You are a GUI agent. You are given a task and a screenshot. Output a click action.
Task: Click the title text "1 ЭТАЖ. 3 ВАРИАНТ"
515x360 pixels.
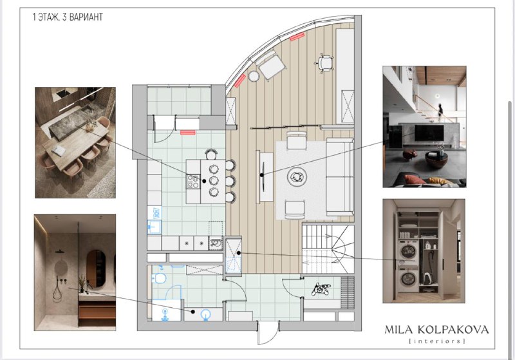point(68,17)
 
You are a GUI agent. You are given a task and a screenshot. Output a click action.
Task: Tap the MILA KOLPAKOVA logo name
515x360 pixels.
point(436,330)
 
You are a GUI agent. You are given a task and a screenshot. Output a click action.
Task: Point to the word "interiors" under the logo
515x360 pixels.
point(437,341)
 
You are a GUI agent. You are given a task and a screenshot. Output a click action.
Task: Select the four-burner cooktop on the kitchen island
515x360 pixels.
point(193,182)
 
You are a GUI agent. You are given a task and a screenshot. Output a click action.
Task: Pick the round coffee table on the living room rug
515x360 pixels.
point(297,177)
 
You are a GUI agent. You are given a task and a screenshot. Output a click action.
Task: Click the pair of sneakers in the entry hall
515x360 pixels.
point(320,289)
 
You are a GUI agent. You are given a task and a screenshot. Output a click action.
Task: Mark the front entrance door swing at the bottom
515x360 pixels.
point(268,333)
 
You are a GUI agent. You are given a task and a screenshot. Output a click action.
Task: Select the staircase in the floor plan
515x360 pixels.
point(328,249)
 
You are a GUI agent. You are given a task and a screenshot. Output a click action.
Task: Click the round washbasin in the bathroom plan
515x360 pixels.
point(206,314)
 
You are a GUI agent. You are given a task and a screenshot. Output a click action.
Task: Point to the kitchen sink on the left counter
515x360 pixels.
point(154,226)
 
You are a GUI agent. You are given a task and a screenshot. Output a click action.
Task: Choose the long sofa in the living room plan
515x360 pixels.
point(340,177)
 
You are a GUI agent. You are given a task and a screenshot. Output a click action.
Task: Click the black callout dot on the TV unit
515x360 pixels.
point(262,175)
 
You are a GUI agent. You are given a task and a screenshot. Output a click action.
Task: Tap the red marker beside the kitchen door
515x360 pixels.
point(188,133)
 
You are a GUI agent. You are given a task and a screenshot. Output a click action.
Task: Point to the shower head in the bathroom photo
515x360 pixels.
point(59,252)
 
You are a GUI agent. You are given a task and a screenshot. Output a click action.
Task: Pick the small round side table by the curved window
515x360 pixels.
point(254,76)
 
